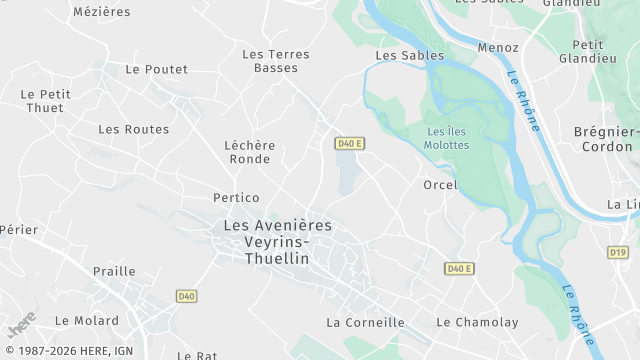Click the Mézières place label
coord(102,11)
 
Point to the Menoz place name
coord(498,47)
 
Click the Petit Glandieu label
coord(594,51)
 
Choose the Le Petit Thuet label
coord(45,101)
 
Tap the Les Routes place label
coord(133,129)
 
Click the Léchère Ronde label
coord(250,152)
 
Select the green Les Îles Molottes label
coord(447,138)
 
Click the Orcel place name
coord(440,185)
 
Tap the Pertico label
coord(236,198)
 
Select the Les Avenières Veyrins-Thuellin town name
coord(277,242)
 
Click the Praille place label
coord(114,271)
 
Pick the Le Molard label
coord(86,321)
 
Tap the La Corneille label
coord(365,322)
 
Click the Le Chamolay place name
coord(477,322)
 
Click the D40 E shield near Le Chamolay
coord(458,268)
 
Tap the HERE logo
coord(22,326)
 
